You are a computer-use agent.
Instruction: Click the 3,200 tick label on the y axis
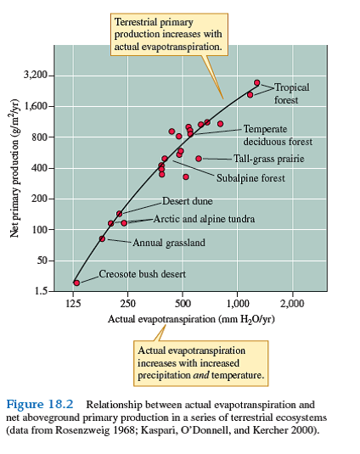[36, 76]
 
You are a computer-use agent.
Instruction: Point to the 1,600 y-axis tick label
[36, 107]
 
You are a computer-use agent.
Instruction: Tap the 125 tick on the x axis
[75, 303]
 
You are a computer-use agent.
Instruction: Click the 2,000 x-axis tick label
[291, 303]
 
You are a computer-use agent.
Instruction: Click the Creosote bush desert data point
[76, 283]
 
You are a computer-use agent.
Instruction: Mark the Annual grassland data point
[102, 238]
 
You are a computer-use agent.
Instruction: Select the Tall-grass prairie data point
[199, 159]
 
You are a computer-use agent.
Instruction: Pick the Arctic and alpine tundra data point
[124, 222]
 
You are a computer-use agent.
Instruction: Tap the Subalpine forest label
[250, 178]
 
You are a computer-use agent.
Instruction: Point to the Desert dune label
[188, 201]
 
